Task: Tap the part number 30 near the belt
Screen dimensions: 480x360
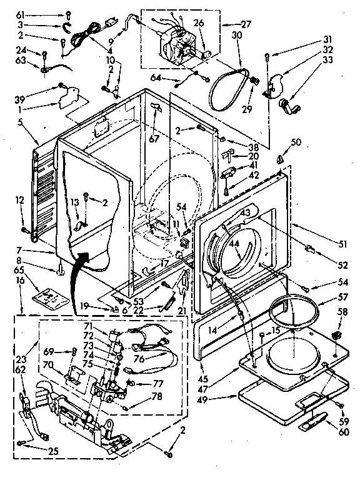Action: pyautogui.click(x=236, y=36)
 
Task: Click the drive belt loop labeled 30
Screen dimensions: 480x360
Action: pyautogui.click(x=224, y=88)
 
